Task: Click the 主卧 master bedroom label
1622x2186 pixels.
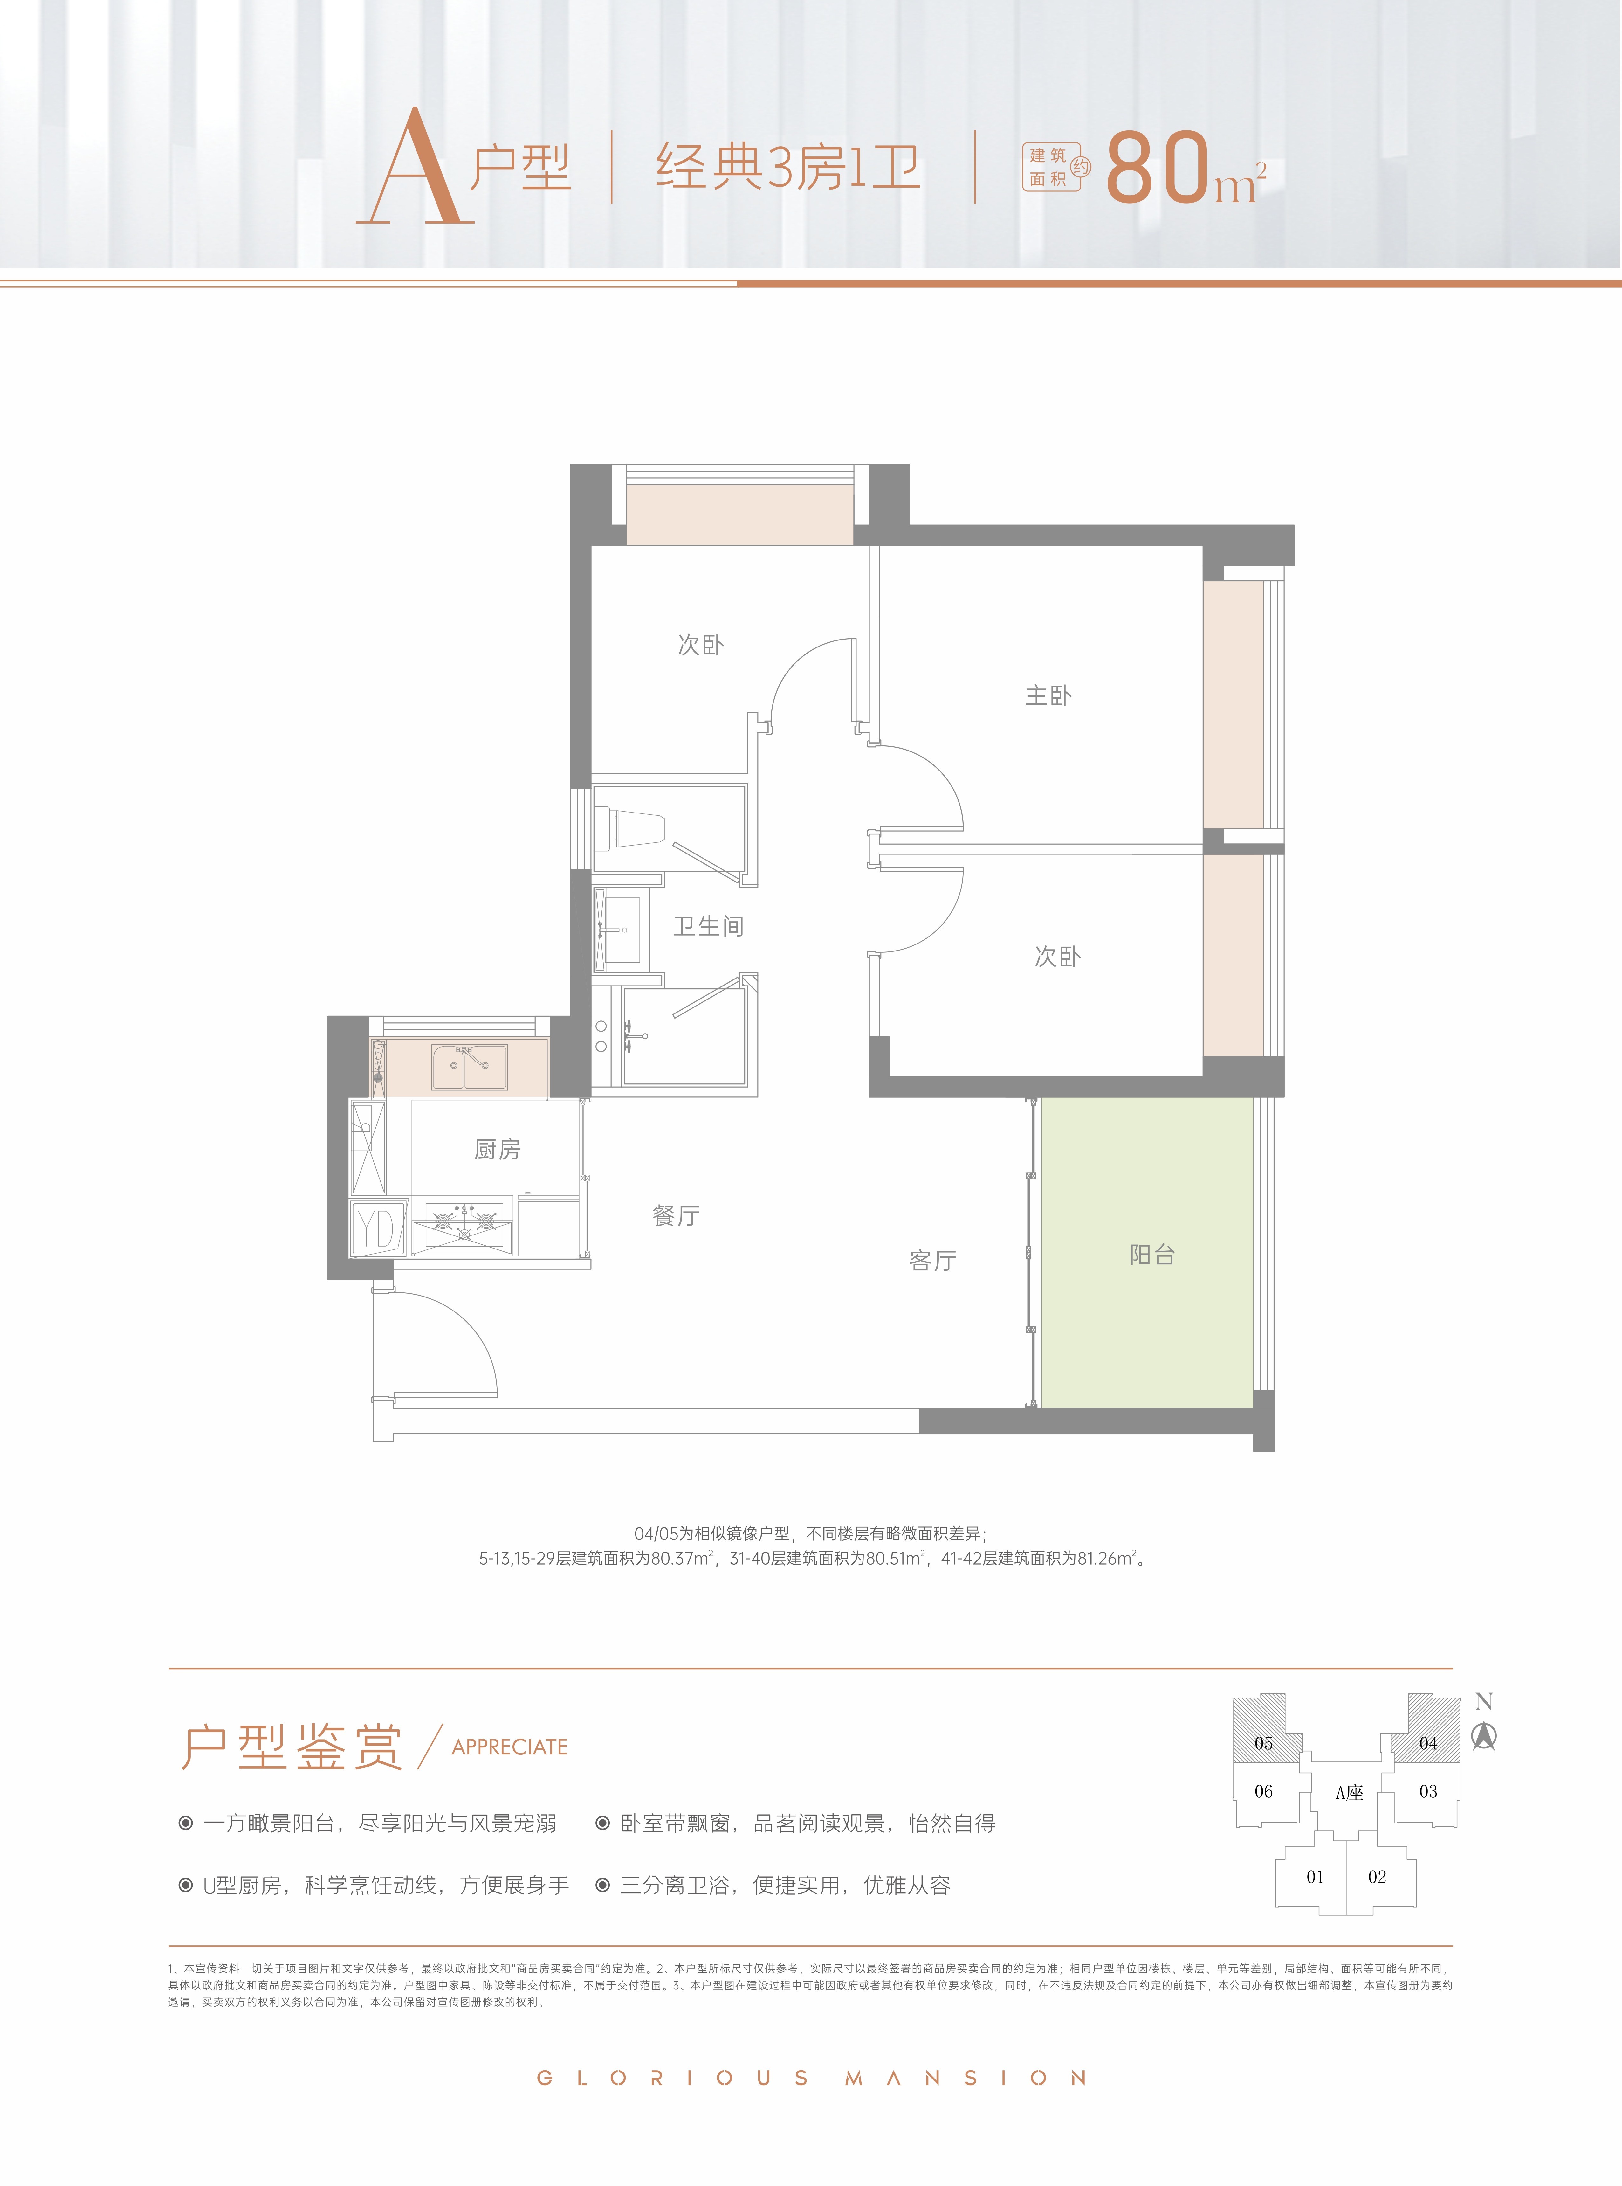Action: pyautogui.click(x=1048, y=696)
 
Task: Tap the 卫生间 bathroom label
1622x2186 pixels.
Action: pyautogui.click(x=708, y=926)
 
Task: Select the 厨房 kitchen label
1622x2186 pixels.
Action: pyautogui.click(x=497, y=1149)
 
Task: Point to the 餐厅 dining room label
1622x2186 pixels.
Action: pyautogui.click(x=676, y=1216)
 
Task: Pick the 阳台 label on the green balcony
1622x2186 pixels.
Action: pyautogui.click(x=1152, y=1254)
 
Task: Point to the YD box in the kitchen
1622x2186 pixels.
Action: pyautogui.click(x=378, y=1228)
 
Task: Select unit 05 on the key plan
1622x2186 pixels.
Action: pyautogui.click(x=1264, y=1743)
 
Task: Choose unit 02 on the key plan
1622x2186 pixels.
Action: pyautogui.click(x=1378, y=1877)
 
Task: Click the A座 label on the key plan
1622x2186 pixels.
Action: pyautogui.click(x=1349, y=1792)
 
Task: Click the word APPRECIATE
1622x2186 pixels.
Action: pyautogui.click(x=510, y=1747)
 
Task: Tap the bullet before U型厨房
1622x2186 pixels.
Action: pyautogui.click(x=186, y=1885)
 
